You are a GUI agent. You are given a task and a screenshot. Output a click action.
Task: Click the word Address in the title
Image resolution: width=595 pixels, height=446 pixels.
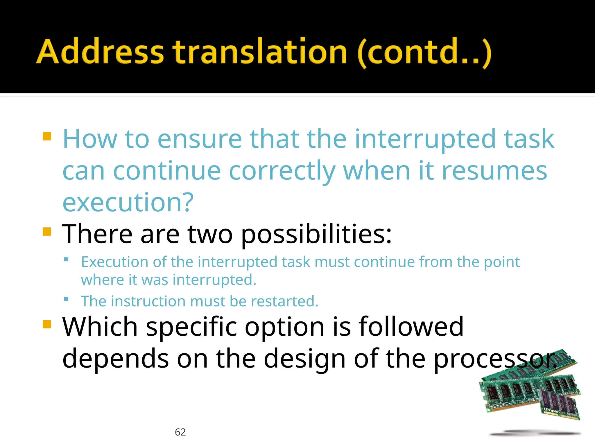pos(100,51)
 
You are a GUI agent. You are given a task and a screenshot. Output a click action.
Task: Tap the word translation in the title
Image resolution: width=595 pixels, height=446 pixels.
pos(260,51)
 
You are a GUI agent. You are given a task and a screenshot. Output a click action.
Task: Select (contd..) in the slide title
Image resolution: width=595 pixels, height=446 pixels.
pos(424,52)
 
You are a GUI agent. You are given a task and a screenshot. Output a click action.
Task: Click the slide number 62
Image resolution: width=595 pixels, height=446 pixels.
pos(180,432)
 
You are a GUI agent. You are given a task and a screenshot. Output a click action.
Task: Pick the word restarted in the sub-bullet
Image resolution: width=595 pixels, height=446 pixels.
pos(284,301)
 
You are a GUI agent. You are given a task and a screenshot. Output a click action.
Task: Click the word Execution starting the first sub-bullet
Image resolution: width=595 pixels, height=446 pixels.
pos(115,262)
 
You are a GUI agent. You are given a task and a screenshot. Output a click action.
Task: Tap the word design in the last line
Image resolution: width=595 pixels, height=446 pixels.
pos(304,359)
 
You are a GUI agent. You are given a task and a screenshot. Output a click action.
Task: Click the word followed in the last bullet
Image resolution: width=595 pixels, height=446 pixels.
pos(411,327)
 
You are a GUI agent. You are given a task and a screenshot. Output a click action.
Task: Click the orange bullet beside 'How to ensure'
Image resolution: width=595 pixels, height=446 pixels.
pos(47,136)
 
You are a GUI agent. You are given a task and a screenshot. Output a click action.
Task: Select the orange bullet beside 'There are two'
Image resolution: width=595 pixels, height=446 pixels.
pos(47,232)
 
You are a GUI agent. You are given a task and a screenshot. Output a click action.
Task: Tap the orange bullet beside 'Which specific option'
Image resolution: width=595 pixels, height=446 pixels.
pos(47,324)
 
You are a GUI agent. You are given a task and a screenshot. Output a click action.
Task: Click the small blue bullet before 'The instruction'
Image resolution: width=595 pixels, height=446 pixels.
pos(66,299)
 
